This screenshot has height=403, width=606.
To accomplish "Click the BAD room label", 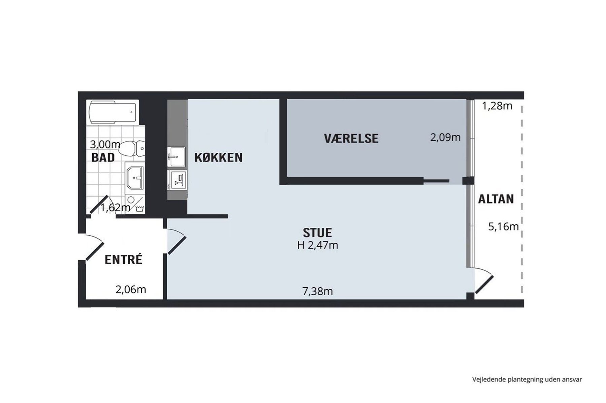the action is (x=103, y=157).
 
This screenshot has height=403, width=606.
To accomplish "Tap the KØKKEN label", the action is (x=218, y=157).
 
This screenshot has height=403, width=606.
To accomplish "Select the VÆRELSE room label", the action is (x=351, y=138).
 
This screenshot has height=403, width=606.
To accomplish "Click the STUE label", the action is (x=317, y=233).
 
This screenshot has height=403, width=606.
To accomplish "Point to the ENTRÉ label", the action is (x=124, y=259).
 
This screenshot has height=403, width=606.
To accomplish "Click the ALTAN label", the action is (x=496, y=199).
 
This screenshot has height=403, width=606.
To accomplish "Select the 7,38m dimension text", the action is (x=317, y=291).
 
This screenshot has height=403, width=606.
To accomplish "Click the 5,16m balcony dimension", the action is (x=503, y=227).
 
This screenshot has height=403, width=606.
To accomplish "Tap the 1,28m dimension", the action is (x=497, y=106).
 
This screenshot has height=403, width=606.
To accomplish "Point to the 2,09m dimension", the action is (x=445, y=137).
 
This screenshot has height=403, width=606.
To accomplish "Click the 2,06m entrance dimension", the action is (x=131, y=289).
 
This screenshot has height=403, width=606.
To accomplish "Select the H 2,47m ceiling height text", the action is (x=317, y=245).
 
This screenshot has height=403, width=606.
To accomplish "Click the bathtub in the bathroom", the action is (x=113, y=112).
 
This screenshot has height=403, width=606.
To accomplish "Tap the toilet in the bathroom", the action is (x=132, y=149).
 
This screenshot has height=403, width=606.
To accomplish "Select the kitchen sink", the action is (x=176, y=156).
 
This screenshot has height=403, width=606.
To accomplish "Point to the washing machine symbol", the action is (x=139, y=209).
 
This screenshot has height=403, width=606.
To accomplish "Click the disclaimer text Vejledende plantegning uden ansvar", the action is (x=527, y=379).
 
